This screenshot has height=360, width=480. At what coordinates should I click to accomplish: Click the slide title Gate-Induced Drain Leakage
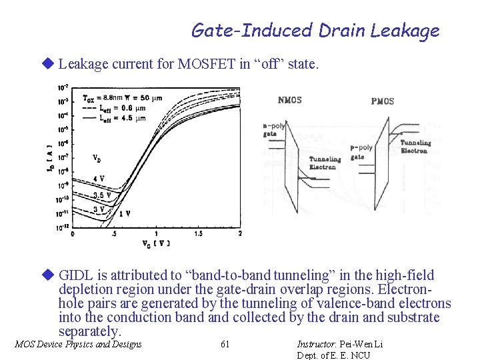pyautogui.click(x=315, y=31)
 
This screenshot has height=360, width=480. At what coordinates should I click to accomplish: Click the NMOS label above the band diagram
pyautogui.click(x=289, y=101)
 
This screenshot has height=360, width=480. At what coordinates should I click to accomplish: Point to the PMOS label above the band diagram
pyautogui.click(x=383, y=101)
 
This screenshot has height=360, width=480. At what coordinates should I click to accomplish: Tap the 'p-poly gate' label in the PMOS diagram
pyautogui.click(x=361, y=152)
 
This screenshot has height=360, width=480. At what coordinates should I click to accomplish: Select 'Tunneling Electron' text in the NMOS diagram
pyautogui.click(x=325, y=163)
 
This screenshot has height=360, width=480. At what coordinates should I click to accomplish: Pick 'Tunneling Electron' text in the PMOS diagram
pyautogui.click(x=415, y=147)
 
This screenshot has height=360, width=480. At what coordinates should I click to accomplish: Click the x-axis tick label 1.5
pyautogui.click(x=198, y=233)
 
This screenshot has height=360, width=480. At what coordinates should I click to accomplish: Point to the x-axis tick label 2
pyautogui.click(x=239, y=233)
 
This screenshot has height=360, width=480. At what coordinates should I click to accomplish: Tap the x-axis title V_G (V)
pyautogui.click(x=156, y=243)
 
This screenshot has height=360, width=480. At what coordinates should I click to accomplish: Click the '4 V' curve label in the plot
pyautogui.click(x=99, y=179)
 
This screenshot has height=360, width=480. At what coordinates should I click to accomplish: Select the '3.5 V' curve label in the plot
pyautogui.click(x=102, y=195)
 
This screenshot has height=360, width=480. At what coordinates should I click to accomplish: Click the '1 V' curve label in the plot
pyautogui.click(x=124, y=213)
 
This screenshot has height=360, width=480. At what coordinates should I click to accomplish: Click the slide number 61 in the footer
pyautogui.click(x=225, y=344)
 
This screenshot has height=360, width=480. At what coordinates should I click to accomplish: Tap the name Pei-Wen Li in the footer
pyautogui.click(x=361, y=344)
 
